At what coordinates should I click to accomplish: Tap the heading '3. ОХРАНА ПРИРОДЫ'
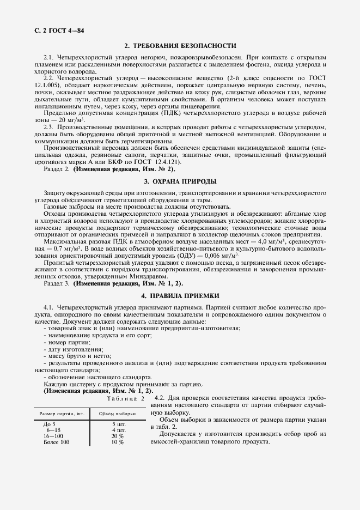point(180,181)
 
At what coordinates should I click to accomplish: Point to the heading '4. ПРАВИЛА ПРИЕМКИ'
point(180,296)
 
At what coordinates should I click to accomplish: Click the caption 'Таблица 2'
point(126,398)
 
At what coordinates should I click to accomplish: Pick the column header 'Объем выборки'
point(117,414)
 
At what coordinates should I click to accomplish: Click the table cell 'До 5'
point(50,424)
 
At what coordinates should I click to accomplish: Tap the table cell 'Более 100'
point(57,442)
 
